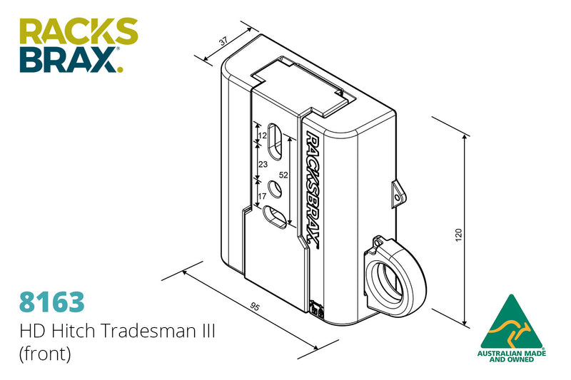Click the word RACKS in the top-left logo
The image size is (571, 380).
[79, 33]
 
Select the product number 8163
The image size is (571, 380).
[51, 301]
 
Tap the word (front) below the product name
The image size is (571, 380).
[45, 354]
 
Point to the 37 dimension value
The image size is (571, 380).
[223, 42]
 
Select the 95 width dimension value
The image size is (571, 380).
[254, 307]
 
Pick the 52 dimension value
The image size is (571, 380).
[283, 175]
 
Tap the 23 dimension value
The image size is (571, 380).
[262, 164]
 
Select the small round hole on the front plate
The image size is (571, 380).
[274, 190]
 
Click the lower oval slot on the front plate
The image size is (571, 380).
[276, 217]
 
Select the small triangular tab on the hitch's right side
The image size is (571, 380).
[397, 192]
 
